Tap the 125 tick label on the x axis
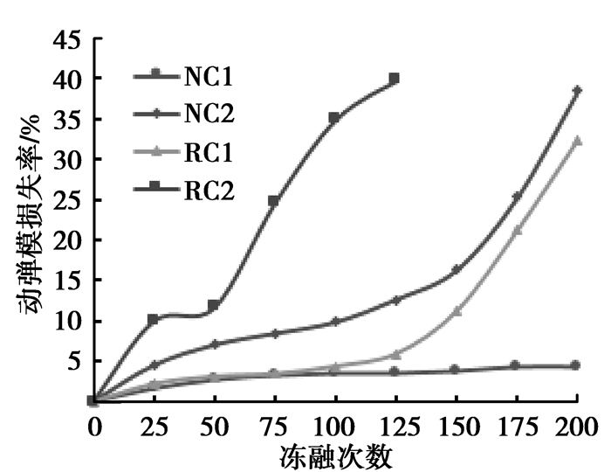tap(395, 429)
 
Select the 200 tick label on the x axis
tap(576, 429)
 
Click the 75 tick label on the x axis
tap(274, 429)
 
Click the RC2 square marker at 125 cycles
tap(395, 79)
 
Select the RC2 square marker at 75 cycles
tap(274, 201)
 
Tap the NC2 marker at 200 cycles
tap(576, 90)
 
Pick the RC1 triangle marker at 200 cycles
tap(576, 140)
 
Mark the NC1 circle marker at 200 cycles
tap(576, 365)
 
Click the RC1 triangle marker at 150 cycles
tap(456, 311)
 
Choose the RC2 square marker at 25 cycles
tap(154, 320)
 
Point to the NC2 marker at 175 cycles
tap(516, 197)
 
